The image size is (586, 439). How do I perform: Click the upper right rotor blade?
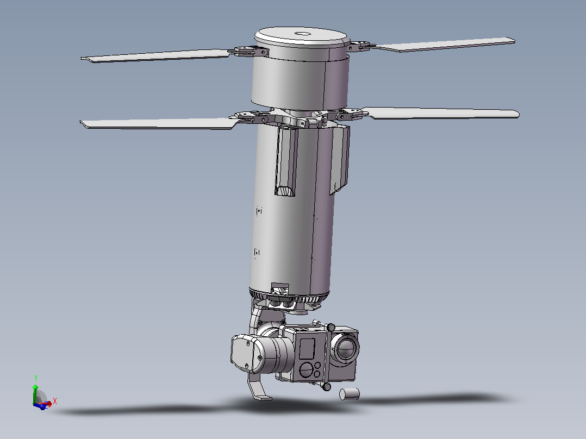coord(445,45)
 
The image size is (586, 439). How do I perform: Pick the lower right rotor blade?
coord(441,113)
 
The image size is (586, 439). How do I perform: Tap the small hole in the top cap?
coord(303,34)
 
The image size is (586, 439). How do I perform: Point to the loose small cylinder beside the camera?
coord(350,394)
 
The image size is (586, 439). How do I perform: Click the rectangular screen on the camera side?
coord(307,349)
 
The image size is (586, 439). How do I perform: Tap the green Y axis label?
coord(36,378)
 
